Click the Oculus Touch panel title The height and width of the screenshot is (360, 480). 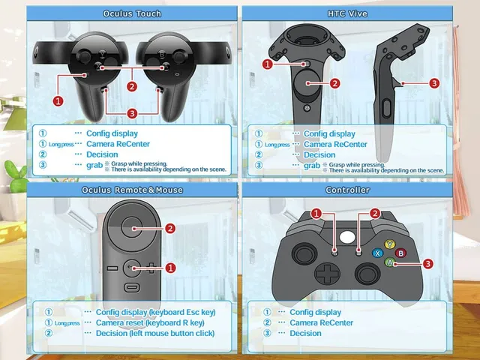[x=132, y=13]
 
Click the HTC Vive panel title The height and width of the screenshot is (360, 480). [x=347, y=13]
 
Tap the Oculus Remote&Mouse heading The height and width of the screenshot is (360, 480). [x=132, y=190]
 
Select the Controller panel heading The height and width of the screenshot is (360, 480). [x=347, y=190]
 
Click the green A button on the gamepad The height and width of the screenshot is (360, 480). [x=390, y=262]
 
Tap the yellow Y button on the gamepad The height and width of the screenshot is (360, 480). [x=390, y=244]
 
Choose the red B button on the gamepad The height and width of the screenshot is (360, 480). [x=400, y=253]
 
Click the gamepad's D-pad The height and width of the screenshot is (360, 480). [x=328, y=273]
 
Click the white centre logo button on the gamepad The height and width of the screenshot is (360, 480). [x=347, y=237]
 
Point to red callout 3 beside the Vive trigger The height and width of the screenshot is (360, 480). [x=434, y=83]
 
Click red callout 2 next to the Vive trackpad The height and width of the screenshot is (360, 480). [x=334, y=83]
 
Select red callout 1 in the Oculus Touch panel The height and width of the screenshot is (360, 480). [x=58, y=100]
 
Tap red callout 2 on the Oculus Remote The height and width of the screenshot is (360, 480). [x=170, y=228]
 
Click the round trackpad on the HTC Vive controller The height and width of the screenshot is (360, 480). [x=307, y=82]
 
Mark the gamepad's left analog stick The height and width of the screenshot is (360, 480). [x=304, y=254]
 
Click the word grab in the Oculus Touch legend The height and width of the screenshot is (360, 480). [x=94, y=165]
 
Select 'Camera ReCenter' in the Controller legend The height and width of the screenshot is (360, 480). [x=321, y=322]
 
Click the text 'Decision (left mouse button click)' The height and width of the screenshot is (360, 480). [x=155, y=333]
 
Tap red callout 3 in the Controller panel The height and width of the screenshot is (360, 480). [x=427, y=263]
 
